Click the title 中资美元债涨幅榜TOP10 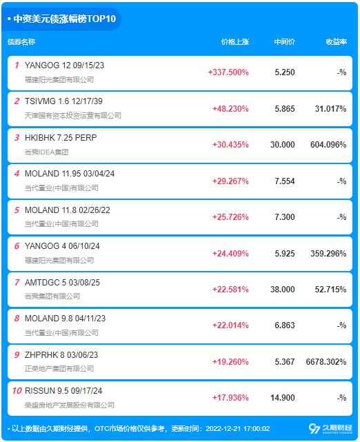click(65, 19)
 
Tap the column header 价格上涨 click(235, 42)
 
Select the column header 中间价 click(284, 42)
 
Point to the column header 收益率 click(336, 42)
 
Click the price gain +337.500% click(228, 72)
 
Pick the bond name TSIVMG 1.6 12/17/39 click(63, 101)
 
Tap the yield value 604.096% click(328, 145)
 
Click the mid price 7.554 click(285, 181)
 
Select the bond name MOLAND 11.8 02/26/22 click(68, 210)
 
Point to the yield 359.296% click(328, 254)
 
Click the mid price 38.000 click(283, 289)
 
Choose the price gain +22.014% click(230, 325)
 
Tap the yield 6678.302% click(326, 361)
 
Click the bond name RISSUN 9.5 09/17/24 click(63, 391)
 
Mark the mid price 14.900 click(283, 397)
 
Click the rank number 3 click(17, 137)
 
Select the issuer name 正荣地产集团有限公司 click(59, 368)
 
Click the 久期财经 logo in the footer click(330, 429)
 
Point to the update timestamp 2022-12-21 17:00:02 click(238, 429)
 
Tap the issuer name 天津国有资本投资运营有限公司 click(73, 115)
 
